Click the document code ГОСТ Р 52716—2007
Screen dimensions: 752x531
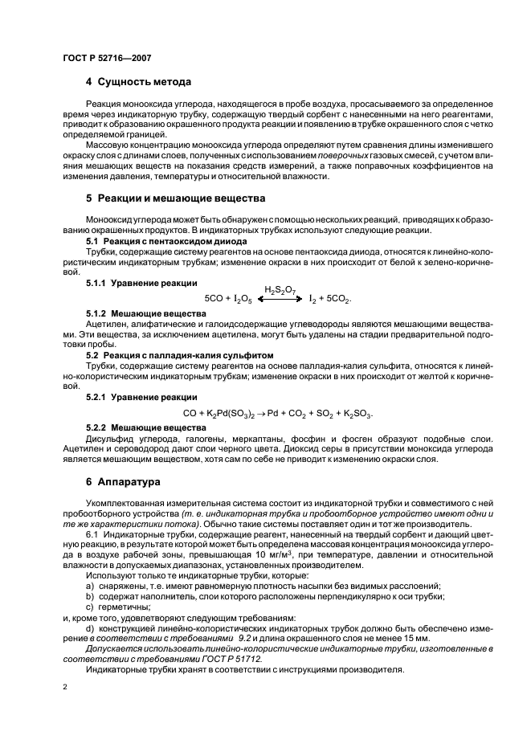(107, 58)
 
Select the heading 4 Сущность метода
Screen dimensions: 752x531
(138, 82)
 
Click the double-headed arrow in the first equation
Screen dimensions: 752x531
(280, 298)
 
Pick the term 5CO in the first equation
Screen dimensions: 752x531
(214, 299)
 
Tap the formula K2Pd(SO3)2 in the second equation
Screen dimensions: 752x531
(232, 414)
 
